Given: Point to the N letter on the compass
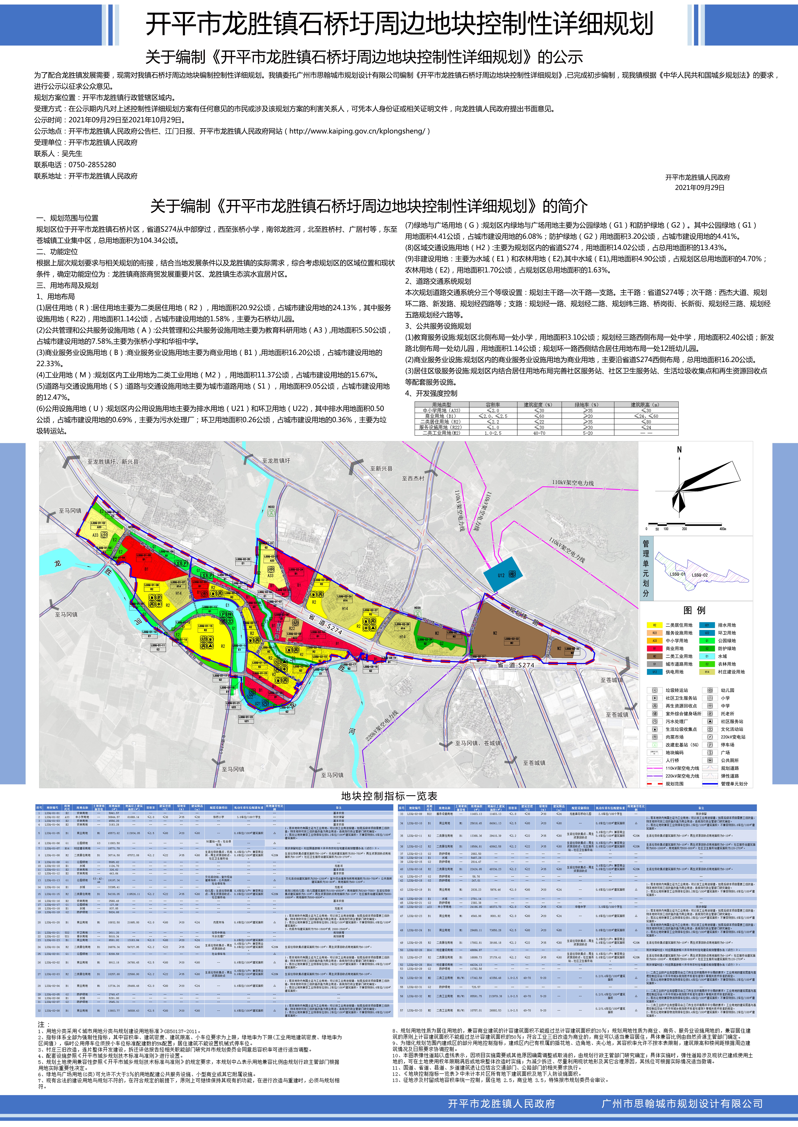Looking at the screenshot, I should (679, 450).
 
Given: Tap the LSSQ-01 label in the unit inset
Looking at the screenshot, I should (677, 574).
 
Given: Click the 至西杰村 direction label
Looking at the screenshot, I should (413, 478).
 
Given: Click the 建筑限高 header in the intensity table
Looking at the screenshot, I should (645, 404).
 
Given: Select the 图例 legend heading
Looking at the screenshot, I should (694, 610).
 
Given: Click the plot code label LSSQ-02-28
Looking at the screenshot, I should (402, 624).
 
